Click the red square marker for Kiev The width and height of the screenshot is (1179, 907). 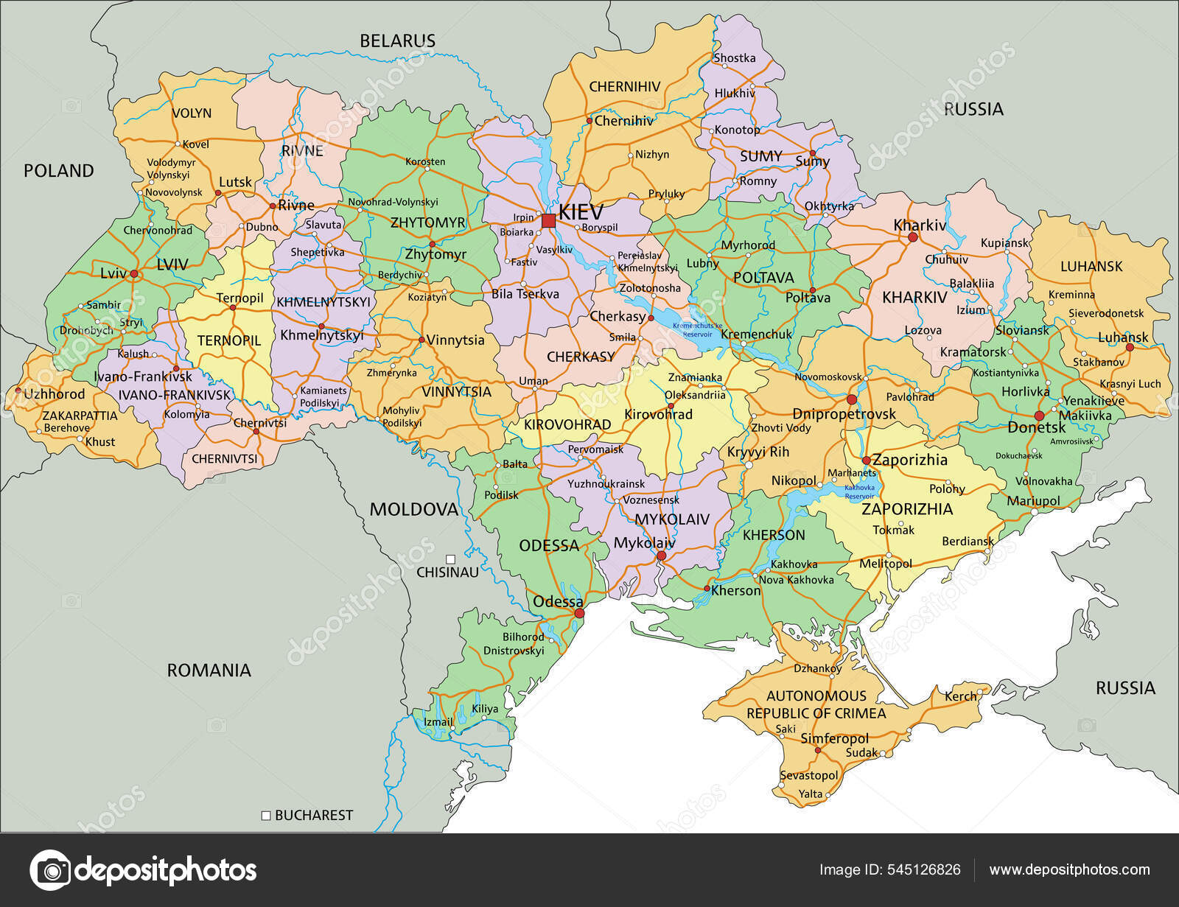point(548,221)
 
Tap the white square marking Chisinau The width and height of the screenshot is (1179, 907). point(449,558)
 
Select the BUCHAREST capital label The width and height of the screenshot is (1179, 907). point(314,815)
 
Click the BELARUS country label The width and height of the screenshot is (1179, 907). point(397,41)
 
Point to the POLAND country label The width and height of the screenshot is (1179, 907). point(59,171)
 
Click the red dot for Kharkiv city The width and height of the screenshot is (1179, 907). point(912,238)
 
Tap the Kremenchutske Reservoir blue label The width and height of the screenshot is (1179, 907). point(698,329)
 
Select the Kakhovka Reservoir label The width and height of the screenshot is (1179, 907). point(859,492)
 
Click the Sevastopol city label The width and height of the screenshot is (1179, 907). point(808,775)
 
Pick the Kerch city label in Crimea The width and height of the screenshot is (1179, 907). point(960,696)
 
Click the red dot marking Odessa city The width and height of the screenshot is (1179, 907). point(579,613)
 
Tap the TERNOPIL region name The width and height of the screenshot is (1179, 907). point(229,341)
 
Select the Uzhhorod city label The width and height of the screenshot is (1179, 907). point(55,394)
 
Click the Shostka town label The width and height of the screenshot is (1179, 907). point(735,58)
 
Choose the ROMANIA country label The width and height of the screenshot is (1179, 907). point(209,670)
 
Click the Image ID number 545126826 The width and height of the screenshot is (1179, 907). point(926,870)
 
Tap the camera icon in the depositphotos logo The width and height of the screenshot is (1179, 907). point(49,870)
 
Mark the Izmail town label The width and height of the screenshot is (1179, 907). point(438,722)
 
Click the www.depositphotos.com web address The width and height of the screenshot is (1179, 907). point(1068,870)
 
